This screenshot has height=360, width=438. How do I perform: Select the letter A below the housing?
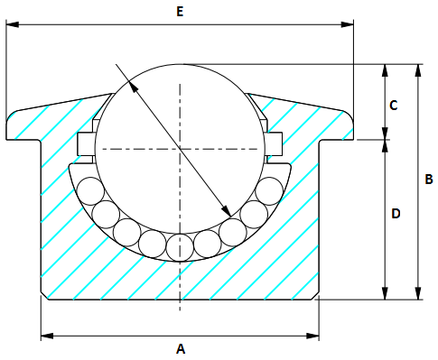tap(180, 347)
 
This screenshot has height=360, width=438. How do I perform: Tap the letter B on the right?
tap(429, 180)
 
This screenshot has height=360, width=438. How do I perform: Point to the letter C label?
tap(393, 105)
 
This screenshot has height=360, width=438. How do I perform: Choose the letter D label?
tap(395, 214)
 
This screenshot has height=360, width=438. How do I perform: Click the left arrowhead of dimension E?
tap(11, 25)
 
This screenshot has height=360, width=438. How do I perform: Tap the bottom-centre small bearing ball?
tap(180, 245)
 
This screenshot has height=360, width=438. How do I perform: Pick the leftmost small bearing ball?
tap(89, 191)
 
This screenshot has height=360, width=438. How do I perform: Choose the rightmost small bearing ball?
tap(270, 191)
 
